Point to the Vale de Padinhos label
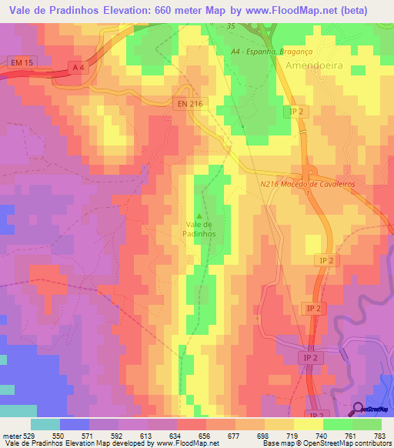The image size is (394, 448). [200, 229]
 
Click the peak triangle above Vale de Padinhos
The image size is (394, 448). [200, 216]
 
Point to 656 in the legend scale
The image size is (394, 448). [205, 435]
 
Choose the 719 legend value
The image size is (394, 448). [293, 435]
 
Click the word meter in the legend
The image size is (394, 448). [9, 435]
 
